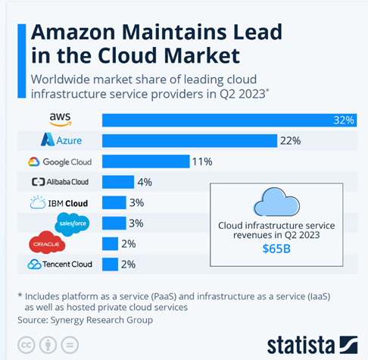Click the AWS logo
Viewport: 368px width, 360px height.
[60, 120]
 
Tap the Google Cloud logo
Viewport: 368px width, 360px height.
[60, 161]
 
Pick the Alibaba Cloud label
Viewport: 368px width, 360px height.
[60, 182]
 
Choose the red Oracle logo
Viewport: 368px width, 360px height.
[47, 243]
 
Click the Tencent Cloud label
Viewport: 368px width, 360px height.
[60, 264]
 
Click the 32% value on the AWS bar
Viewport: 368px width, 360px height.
[345, 120]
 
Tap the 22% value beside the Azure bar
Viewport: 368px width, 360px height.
[291, 141]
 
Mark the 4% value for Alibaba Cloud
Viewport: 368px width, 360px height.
[144, 182]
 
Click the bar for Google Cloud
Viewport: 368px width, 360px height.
[145, 161]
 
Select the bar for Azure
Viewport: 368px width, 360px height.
[189, 141]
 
